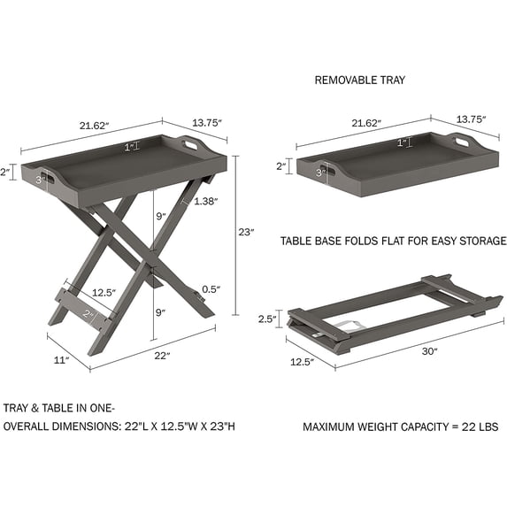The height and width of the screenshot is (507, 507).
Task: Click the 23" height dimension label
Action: tap(246, 232)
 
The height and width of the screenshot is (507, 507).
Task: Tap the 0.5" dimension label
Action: tap(210, 289)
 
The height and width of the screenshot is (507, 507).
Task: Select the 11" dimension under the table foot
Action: tap(60, 360)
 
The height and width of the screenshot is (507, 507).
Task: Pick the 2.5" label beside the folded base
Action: tap(268, 319)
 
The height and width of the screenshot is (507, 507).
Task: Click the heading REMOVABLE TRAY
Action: tap(359, 80)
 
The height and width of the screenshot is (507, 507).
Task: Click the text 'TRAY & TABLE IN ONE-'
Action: tap(59, 409)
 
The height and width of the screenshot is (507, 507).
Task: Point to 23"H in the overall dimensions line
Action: tap(220, 426)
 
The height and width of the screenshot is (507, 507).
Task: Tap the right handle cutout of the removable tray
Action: tap(462, 140)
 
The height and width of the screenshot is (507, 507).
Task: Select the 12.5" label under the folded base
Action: tap(303, 361)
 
